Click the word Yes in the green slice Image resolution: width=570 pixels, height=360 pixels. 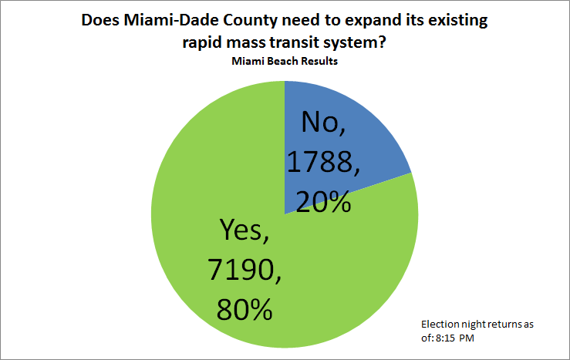pyautogui.click(x=232, y=230)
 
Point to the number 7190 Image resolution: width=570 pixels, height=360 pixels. pyautogui.click(x=241, y=270)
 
